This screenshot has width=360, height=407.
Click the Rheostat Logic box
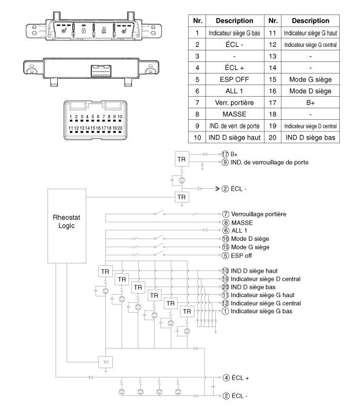[x=67, y=226]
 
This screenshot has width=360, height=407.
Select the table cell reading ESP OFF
[x=234, y=79]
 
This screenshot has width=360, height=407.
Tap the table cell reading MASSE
[x=234, y=114]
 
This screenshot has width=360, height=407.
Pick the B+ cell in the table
[x=310, y=102]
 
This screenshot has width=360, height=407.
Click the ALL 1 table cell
[x=234, y=91]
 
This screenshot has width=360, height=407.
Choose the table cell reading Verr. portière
[x=234, y=102]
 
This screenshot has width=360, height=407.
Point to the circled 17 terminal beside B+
[x=225, y=154]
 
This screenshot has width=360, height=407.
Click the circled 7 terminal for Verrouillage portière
[x=226, y=214]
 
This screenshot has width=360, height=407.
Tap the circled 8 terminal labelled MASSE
[x=226, y=223]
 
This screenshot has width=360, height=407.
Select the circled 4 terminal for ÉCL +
[x=226, y=377]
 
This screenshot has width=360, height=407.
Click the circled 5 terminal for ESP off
[x=225, y=256]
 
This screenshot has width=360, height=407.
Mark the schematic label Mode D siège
[x=250, y=239]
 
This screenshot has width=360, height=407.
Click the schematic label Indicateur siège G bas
[x=262, y=311]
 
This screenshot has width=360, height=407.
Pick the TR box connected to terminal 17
[x=182, y=159]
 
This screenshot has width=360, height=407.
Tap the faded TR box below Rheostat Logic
[x=106, y=362]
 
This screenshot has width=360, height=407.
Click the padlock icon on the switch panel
[x=83, y=31]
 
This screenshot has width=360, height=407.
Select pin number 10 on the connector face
[x=120, y=117]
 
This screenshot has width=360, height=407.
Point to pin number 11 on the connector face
[x=71, y=128]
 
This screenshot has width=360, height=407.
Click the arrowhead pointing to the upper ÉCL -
[x=218, y=189]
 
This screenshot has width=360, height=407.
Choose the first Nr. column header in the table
[x=197, y=21]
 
